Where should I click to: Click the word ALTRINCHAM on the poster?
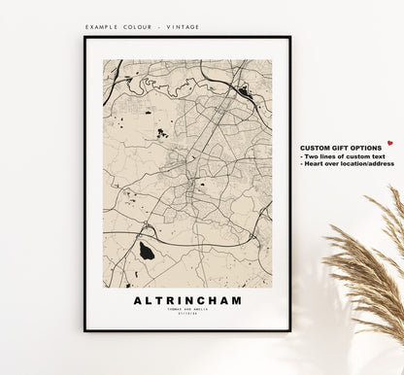pos(187,300)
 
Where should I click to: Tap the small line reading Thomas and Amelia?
pos(187,310)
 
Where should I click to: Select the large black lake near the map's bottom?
pos(147,252)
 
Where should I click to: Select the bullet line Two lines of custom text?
pos(340,155)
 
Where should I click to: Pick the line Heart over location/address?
pos(348,163)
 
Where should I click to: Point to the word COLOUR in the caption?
pos(143,27)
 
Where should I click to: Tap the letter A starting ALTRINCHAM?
pos(137,300)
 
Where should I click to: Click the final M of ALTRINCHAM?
pos(238,300)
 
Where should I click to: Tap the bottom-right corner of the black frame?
pos(289,330)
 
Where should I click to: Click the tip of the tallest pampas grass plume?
pos(396,189)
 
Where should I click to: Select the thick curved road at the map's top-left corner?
pos(113,73)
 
